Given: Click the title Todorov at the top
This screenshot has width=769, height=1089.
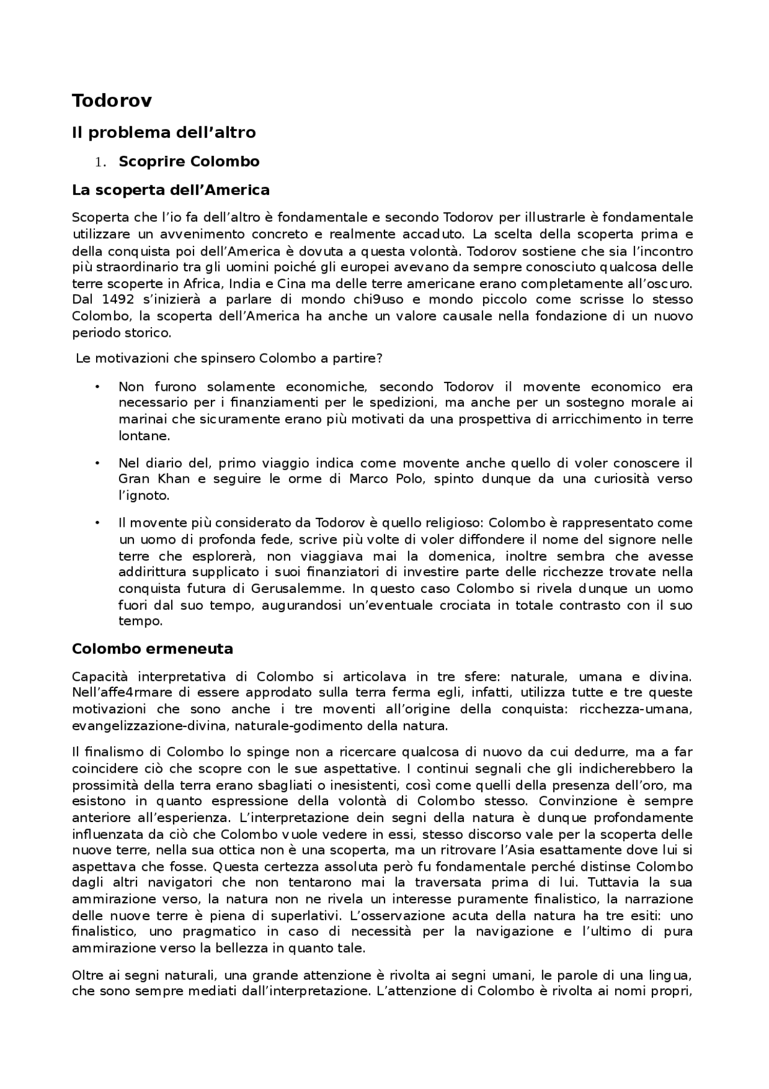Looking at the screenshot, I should (111, 101).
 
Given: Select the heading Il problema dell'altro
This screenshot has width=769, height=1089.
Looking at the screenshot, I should (163, 132).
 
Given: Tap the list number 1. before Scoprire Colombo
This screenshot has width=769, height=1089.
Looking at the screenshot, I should (101, 162).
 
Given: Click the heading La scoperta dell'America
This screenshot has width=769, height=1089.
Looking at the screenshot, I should (171, 190).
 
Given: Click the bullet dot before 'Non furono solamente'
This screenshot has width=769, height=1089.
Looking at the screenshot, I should (96, 387).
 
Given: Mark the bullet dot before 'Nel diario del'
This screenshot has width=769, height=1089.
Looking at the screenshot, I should (96, 463).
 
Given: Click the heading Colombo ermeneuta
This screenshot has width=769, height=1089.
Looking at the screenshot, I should (153, 649).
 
